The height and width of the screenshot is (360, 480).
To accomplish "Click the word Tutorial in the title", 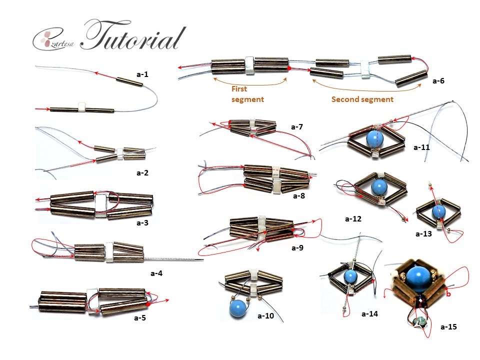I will coord(132,36).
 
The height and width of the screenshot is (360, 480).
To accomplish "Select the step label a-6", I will coord(438,80).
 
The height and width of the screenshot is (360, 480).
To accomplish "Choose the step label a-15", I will coord(448,327).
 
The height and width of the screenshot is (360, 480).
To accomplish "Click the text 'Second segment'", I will coord(362,99).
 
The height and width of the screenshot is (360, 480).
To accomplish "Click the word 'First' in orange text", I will coord(239,89).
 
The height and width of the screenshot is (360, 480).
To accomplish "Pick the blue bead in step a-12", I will coord(379,188).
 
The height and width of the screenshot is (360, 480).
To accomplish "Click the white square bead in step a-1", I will coord(82,105).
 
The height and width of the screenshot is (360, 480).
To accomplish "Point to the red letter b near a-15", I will coord(448,294).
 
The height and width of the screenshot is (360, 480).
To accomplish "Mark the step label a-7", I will coord(297,127).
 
